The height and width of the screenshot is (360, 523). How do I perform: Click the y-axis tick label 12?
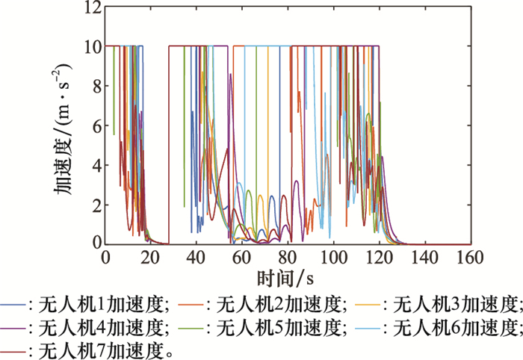tap(90, 8)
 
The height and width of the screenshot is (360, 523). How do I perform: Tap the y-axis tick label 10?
tap(90, 47)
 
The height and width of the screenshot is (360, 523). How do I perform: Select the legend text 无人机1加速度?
tap(108, 304)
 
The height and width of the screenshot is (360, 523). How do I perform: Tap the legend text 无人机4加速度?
tap(108, 326)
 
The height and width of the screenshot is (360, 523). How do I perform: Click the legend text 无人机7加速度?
tap(108, 348)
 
